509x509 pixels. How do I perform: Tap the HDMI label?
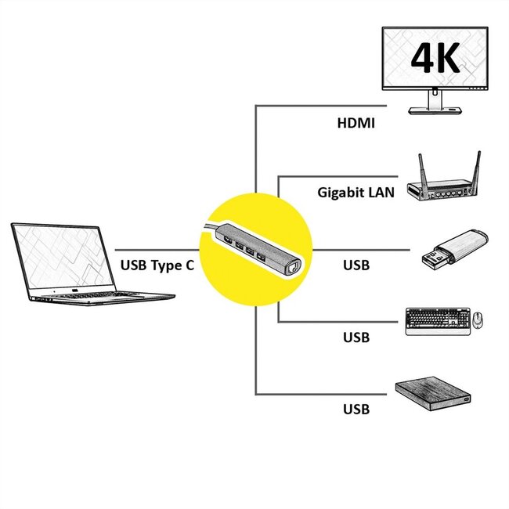point(356,123)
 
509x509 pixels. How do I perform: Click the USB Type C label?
point(157,265)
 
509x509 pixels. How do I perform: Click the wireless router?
point(443,184)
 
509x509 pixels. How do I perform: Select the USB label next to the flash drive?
point(356,265)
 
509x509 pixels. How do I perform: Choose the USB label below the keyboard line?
point(356,338)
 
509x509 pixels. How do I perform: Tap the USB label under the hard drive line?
point(356,409)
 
